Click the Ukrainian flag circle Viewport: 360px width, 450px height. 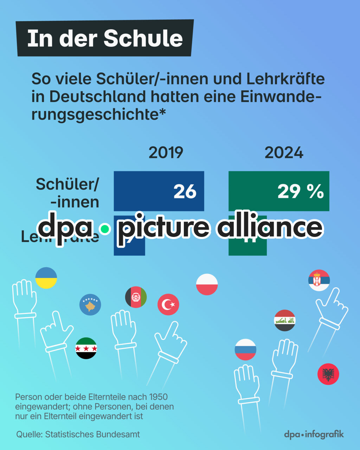[x=46, y=278]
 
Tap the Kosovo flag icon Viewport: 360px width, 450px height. [x=90, y=304]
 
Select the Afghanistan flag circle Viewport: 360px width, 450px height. [x=136, y=297]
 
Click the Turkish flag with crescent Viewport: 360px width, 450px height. [x=168, y=304]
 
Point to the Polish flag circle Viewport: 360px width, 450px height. [x=207, y=284]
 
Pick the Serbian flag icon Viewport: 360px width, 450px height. [x=319, y=280]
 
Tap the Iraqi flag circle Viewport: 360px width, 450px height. [x=285, y=320]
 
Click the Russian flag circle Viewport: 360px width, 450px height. [x=245, y=349]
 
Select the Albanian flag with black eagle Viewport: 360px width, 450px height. [x=328, y=374]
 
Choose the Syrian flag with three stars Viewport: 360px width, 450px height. [x=86, y=348]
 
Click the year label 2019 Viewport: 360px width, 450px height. [x=166, y=153]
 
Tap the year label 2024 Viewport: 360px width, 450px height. [x=284, y=153]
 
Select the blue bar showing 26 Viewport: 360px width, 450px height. [x=159, y=191]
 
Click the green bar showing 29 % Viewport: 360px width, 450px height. [x=279, y=191]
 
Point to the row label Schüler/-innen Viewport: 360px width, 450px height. [x=67, y=193]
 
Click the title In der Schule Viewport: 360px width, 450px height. [x=105, y=38]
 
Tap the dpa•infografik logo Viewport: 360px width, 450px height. [x=314, y=434]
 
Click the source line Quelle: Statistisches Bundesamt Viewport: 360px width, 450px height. [x=78, y=434]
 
